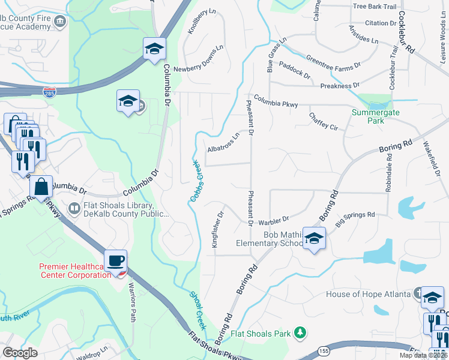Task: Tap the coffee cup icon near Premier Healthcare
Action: pyautogui.click(x=115, y=261)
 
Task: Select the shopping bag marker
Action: pyautogui.click(x=41, y=187)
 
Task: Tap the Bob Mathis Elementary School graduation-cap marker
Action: pyautogui.click(x=314, y=239)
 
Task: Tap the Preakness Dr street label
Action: pyautogui.click(x=339, y=86)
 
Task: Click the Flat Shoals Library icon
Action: pyautogui.click(x=74, y=209)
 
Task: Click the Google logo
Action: pyautogui.click(x=20, y=353)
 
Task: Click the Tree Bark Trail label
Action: pyautogui.click(x=375, y=7)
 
